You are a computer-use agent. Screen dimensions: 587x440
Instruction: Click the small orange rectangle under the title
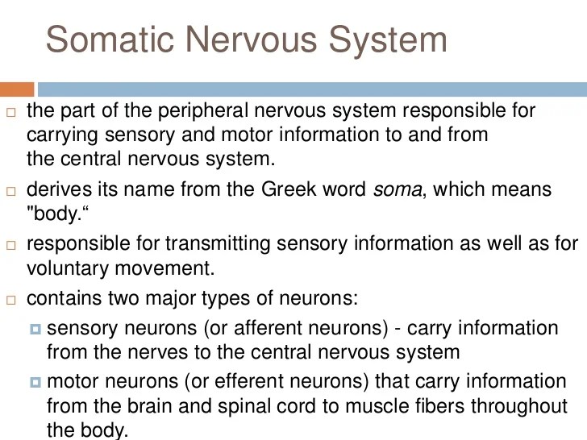coord(17,89)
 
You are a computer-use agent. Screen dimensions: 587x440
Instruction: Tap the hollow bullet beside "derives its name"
coord(10,193)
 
